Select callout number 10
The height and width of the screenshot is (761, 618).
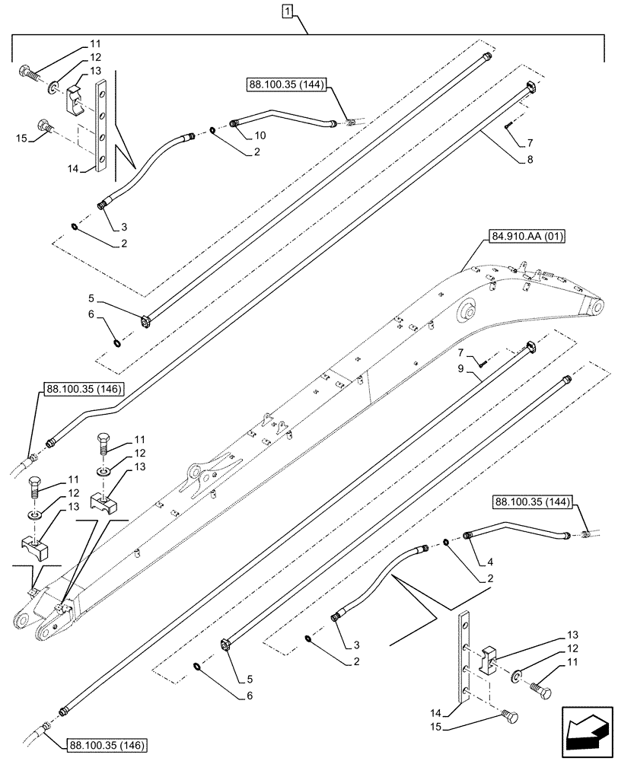coord(260,135)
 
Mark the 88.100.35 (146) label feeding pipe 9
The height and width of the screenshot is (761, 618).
coord(107,743)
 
